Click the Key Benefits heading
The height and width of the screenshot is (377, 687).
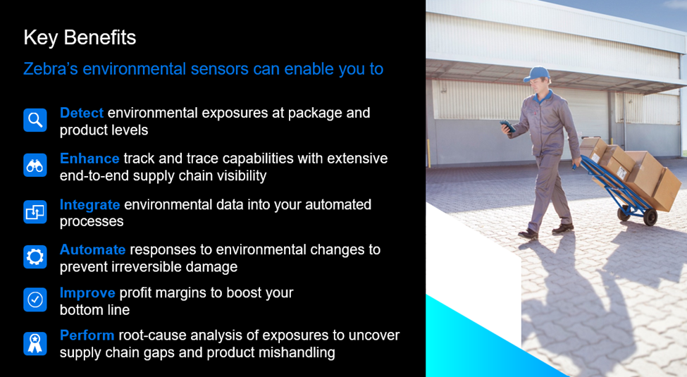(80, 38)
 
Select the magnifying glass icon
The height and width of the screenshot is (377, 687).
(35, 120)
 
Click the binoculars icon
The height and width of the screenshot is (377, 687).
(35, 166)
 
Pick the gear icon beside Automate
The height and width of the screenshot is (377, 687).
(35, 257)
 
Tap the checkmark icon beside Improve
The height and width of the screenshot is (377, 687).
(35, 300)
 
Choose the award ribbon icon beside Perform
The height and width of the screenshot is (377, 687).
(35, 343)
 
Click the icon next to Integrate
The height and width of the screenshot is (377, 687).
(35, 211)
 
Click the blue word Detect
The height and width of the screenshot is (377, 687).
(82, 113)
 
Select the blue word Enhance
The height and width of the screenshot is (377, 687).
(89, 159)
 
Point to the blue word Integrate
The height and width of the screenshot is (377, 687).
(89, 205)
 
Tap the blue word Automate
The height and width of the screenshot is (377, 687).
(92, 250)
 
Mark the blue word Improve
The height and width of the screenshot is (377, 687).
(87, 293)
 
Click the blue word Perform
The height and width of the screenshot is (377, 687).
(87, 335)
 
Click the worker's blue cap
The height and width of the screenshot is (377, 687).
(537, 73)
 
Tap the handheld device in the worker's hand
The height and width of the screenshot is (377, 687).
(508, 126)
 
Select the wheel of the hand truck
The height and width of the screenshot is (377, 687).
(650, 217)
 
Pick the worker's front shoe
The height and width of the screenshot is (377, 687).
(528, 234)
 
